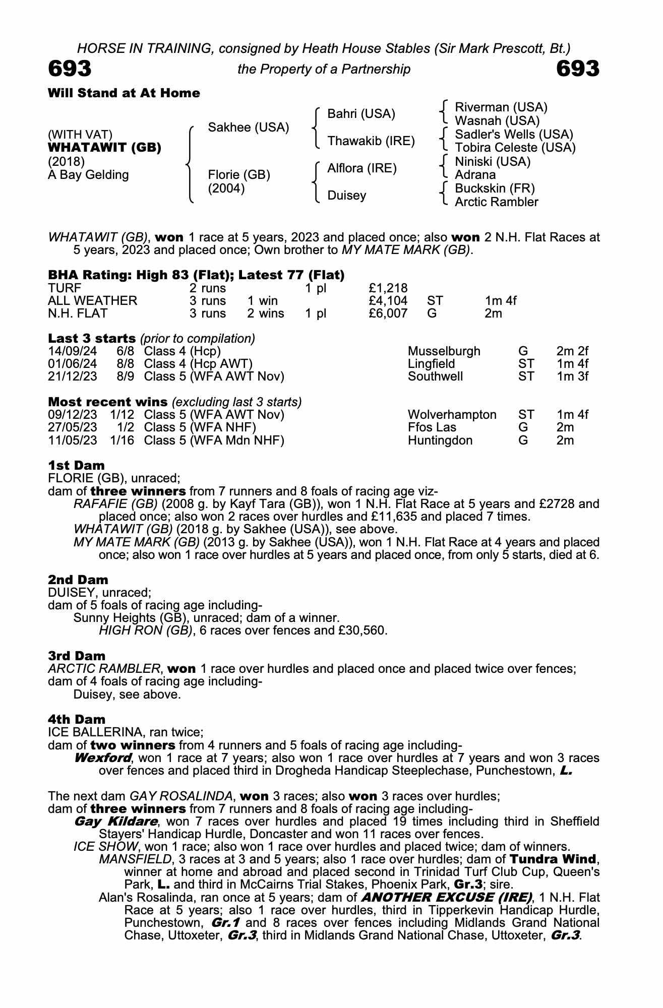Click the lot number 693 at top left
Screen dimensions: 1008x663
(70, 69)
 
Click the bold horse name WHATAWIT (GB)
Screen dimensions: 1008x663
(104, 148)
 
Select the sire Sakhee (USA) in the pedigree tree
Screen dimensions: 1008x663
(249, 128)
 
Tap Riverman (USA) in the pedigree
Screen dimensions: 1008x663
(501, 107)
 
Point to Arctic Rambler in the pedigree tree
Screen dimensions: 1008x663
(496, 202)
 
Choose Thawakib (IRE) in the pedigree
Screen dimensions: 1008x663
(371, 141)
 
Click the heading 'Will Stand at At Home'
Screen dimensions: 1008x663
(124, 93)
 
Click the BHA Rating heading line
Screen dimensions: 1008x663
(196, 275)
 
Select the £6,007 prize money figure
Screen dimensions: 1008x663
(388, 313)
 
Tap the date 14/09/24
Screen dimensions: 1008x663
(73, 351)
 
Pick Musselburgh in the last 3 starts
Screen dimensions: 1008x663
(444, 351)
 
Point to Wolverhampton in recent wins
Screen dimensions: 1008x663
(452, 415)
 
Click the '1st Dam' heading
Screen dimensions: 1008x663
(76, 465)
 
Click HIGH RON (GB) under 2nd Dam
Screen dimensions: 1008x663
(146, 631)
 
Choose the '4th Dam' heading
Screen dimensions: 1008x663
(77, 719)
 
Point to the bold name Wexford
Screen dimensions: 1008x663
(103, 758)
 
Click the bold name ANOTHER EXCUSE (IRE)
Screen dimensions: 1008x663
(447, 897)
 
